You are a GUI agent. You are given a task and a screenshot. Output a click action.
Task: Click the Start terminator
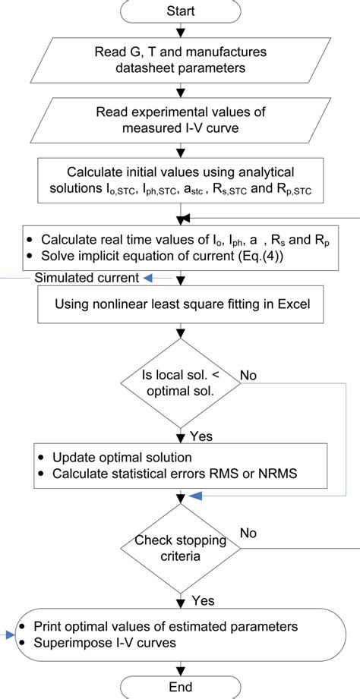click(x=180, y=11)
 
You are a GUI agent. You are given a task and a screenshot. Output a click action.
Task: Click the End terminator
click(x=180, y=687)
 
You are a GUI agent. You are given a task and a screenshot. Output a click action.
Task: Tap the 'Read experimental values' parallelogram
click(x=180, y=119)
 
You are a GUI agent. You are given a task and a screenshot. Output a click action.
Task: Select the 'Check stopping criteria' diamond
click(x=180, y=547)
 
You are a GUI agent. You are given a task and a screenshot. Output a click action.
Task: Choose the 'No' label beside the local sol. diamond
click(x=248, y=375)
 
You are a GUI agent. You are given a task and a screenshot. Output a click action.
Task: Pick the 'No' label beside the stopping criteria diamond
click(x=248, y=534)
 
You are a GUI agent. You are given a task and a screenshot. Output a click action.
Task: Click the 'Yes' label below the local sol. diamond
click(x=200, y=437)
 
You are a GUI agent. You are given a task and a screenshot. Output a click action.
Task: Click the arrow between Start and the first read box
click(x=180, y=32)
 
